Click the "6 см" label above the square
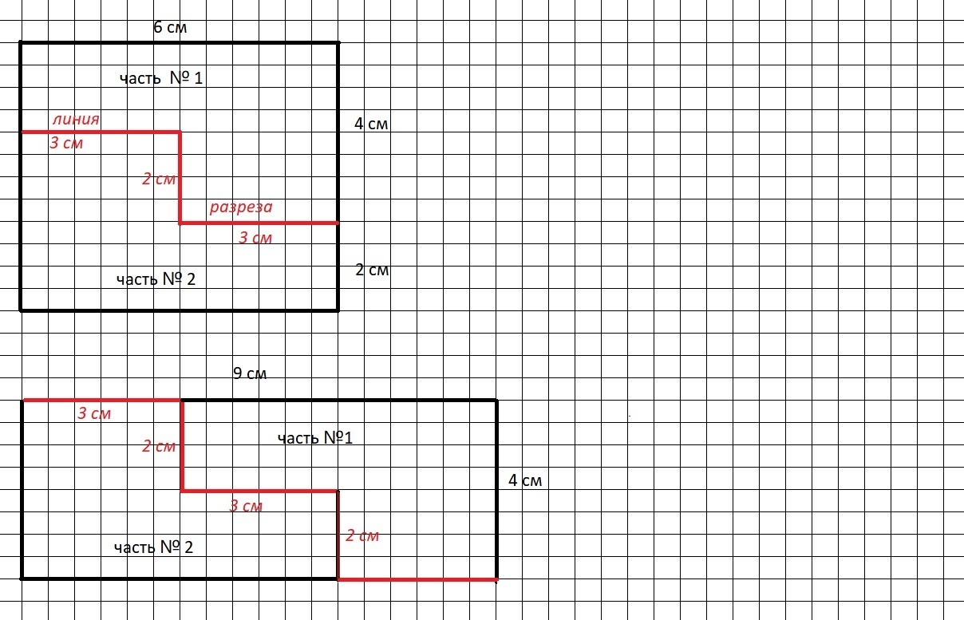pyautogui.click(x=170, y=27)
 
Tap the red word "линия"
pyautogui.click(x=76, y=119)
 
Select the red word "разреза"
pyautogui.click(x=241, y=207)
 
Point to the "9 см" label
pyautogui.click(x=250, y=373)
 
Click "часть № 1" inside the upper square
pyautogui.click(x=161, y=78)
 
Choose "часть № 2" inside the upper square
pyautogui.click(x=156, y=279)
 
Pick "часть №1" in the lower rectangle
pyautogui.click(x=315, y=438)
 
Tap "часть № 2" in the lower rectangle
pyautogui.click(x=153, y=547)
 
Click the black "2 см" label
pyautogui.click(x=372, y=270)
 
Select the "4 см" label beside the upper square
pyautogui.click(x=371, y=124)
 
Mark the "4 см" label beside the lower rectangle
pyautogui.click(x=525, y=480)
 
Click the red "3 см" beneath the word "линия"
pyautogui.click(x=66, y=143)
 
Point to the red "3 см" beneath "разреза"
pyautogui.click(x=255, y=238)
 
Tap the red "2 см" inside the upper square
pyautogui.click(x=159, y=179)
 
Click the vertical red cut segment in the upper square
pyautogui.click(x=180, y=178)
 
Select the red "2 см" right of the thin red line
pyautogui.click(x=362, y=535)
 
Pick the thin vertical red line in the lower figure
pyautogui.click(x=338, y=535)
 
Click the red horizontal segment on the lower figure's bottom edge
pyautogui.click(x=418, y=579)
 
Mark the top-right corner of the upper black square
pyautogui.click(x=338, y=42)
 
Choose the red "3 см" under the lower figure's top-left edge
pyautogui.click(x=94, y=413)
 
